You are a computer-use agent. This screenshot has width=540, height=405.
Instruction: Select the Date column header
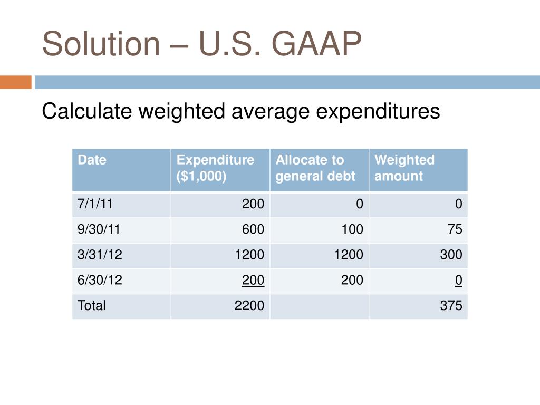[x=92, y=160]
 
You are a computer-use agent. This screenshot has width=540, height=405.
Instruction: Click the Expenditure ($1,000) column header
[x=215, y=168]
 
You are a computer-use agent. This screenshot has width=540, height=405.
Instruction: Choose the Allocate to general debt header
[x=315, y=168]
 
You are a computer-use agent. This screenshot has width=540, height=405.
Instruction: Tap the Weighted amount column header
[x=404, y=168]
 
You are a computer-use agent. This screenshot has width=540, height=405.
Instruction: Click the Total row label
[x=92, y=305]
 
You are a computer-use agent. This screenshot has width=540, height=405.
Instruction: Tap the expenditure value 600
[x=253, y=229]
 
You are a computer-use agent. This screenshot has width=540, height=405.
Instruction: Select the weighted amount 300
[x=451, y=255]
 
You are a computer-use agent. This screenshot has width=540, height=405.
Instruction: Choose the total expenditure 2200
[x=249, y=305]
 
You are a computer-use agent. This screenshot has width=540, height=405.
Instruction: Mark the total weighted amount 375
[x=451, y=305]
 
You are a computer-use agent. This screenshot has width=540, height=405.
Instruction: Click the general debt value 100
[x=352, y=229]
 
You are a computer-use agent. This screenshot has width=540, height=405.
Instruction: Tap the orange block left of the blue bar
[x=15, y=83]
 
